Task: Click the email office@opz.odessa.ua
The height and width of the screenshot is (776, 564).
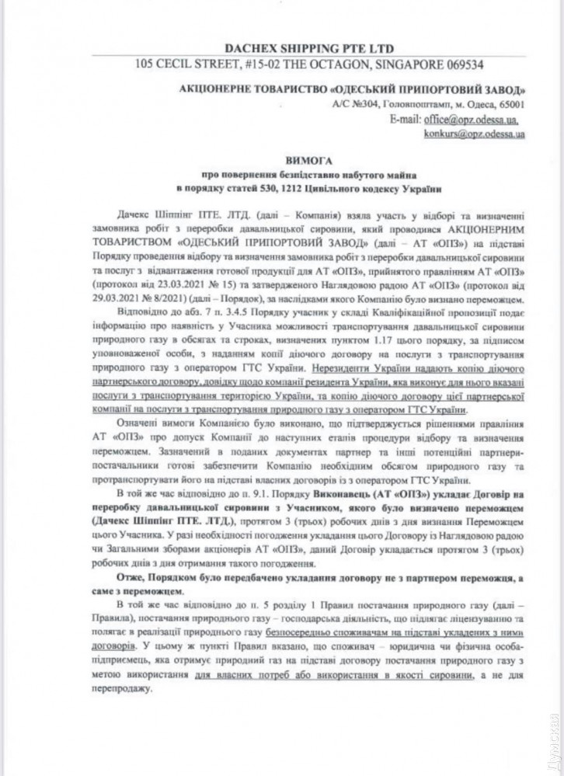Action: point(468,120)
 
